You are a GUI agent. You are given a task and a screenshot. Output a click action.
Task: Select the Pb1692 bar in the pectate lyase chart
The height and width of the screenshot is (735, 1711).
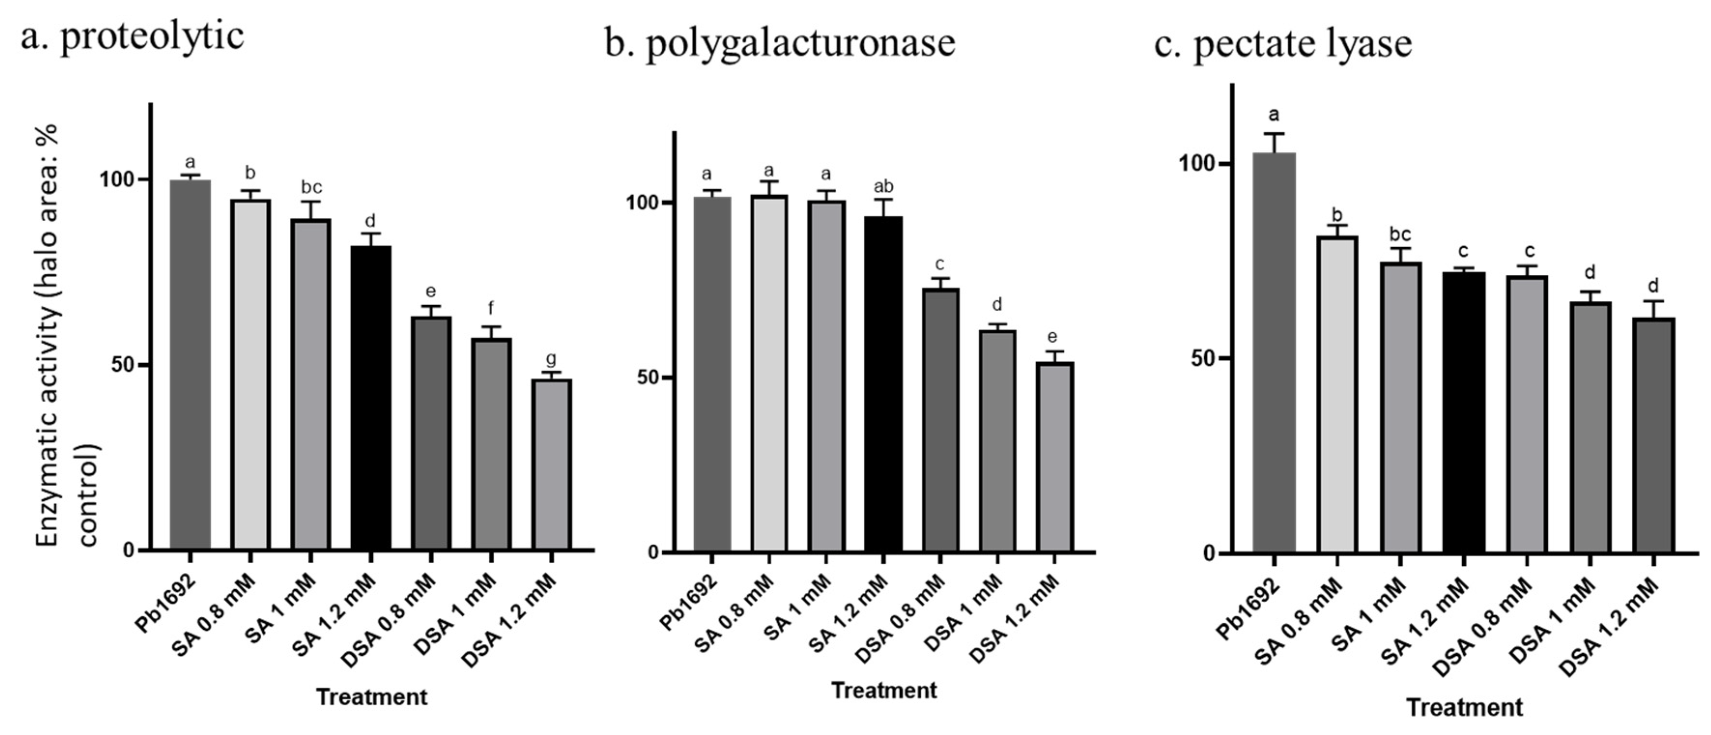pyautogui.click(x=1273, y=352)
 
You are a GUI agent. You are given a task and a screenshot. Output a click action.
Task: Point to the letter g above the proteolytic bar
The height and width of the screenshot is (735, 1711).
pyautogui.click(x=551, y=359)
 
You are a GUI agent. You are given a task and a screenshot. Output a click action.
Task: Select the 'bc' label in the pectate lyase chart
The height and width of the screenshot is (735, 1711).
pyautogui.click(x=1399, y=234)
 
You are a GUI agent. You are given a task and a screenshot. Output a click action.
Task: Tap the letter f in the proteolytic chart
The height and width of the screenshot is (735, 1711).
pyautogui.click(x=490, y=308)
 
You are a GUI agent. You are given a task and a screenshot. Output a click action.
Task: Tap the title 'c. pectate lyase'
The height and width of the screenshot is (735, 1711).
pyautogui.click(x=1283, y=44)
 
